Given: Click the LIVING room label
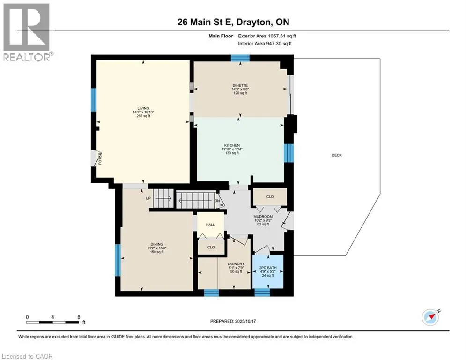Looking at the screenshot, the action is [x=143, y=108].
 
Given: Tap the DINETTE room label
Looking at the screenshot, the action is [x=240, y=85].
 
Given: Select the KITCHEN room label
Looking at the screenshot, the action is [x=232, y=145].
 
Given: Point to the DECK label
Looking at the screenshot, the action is [x=337, y=155].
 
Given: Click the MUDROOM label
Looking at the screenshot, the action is [x=263, y=217].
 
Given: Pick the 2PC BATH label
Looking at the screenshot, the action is [x=268, y=268].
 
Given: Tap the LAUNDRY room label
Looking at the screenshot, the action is [x=236, y=264].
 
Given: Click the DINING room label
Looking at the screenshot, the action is [x=156, y=244].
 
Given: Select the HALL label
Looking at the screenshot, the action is [x=210, y=225].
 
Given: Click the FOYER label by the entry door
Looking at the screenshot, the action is [x=100, y=158].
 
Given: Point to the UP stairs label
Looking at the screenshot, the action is [x=148, y=198].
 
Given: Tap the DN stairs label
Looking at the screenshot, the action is [x=217, y=201].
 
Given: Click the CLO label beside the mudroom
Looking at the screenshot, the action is [x=270, y=197].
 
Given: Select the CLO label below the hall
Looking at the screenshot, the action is [x=211, y=247].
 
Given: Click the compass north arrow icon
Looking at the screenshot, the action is [x=430, y=317].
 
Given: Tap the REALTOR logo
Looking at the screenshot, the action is [x=26, y=32].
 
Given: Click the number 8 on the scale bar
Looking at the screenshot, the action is [x=79, y=317].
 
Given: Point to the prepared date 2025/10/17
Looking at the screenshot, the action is [x=245, y=321].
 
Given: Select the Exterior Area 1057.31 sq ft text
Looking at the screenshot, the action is [x=267, y=36].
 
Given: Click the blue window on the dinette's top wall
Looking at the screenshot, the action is [x=240, y=58].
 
